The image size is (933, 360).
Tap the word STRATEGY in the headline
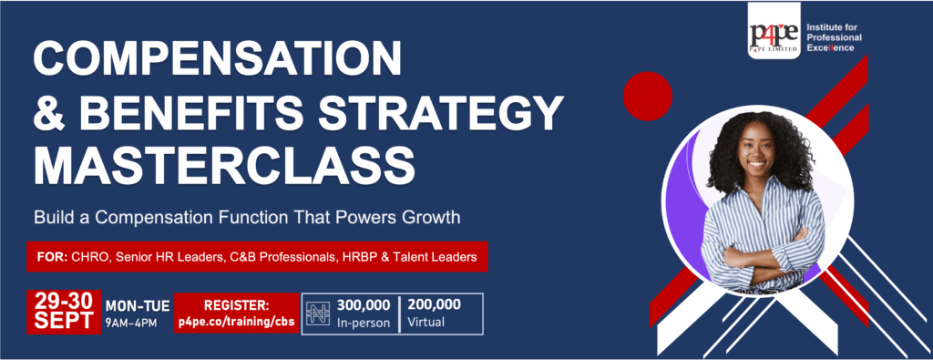441,111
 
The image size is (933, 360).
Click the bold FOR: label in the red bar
51,257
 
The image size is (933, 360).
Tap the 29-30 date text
64,302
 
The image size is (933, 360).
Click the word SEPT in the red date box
64,321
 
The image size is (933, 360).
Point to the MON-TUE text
138,306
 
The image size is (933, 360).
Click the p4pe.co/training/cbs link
237,322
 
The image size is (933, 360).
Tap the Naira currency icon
318,314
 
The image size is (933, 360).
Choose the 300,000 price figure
364,306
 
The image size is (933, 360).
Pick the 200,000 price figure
435,305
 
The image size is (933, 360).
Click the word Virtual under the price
425,324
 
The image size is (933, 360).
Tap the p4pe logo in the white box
774,31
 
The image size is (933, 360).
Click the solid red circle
648,96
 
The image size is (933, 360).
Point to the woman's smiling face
756,150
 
